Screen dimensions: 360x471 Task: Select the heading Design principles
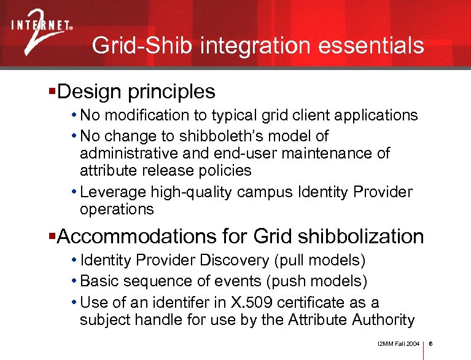tap(136, 92)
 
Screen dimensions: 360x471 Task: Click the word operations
tap(117, 209)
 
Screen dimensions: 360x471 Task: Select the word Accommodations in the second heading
tap(138, 237)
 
